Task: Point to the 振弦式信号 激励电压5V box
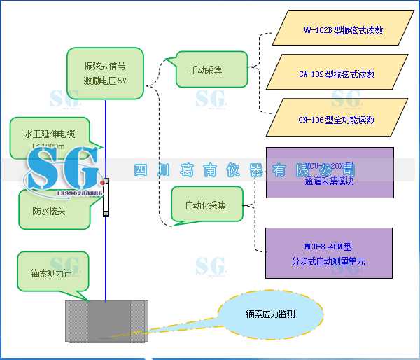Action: (105, 73)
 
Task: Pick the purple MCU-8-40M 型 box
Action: (328, 253)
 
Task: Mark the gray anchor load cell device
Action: (106, 321)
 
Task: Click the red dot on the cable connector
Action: (102, 183)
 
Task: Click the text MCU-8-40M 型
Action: (328, 246)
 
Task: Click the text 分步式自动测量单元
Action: (328, 261)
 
